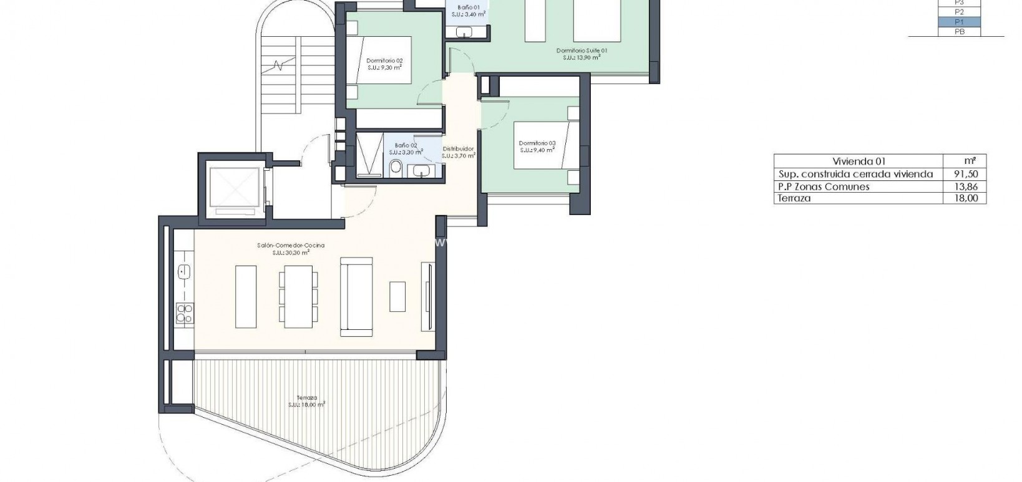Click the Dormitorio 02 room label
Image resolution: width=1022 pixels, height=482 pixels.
[x=384, y=61]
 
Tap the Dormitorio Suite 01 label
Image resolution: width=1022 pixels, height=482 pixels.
[x=582, y=51]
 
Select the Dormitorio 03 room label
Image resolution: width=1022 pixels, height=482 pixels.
[x=537, y=143]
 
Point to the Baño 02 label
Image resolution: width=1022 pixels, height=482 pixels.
[x=406, y=145]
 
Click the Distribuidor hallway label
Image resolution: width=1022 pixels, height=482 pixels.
[x=458, y=149]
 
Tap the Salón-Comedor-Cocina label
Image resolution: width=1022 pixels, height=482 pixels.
[x=291, y=246]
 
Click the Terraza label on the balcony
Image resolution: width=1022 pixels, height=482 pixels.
[x=307, y=398]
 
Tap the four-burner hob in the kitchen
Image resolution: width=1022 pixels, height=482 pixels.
[x=184, y=312]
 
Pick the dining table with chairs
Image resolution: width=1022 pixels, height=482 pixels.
[x=298, y=296]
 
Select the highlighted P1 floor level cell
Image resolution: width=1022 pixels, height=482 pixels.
[x=959, y=22]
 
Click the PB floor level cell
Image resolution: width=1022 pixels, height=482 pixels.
[x=959, y=31]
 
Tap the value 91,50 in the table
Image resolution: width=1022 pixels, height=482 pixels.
[x=964, y=174]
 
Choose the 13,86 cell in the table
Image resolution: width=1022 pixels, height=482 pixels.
[x=964, y=186]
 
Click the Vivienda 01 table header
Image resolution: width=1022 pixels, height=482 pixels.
[x=859, y=161]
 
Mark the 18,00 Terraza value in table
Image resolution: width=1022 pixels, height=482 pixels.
[x=964, y=198]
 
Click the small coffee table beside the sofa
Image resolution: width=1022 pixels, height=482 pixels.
[x=397, y=296]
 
